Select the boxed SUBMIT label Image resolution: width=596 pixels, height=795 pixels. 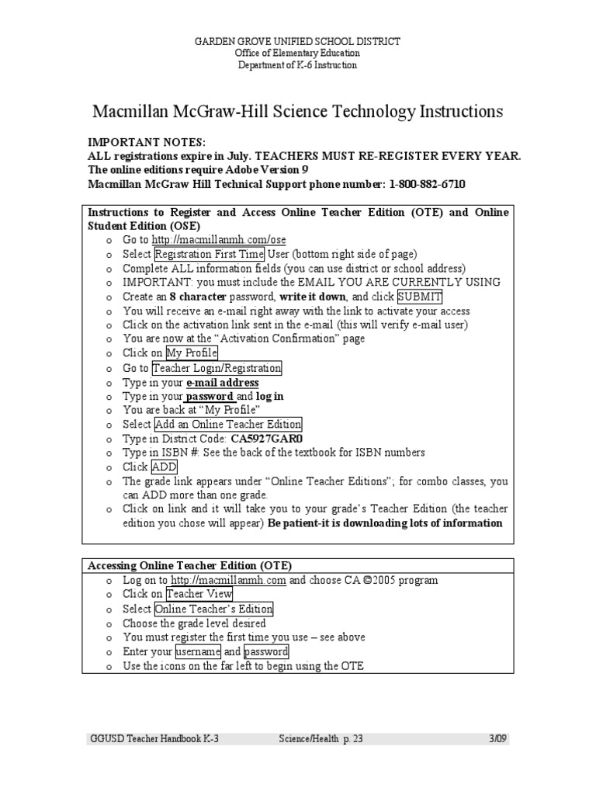[x=420, y=297]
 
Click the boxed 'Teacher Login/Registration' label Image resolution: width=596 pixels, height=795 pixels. [x=217, y=368]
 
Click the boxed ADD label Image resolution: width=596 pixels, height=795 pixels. [x=165, y=467]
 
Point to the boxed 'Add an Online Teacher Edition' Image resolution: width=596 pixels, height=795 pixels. [x=228, y=425]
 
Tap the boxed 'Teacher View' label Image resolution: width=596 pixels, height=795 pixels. [x=196, y=594]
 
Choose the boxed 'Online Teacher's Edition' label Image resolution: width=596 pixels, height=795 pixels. [x=213, y=609]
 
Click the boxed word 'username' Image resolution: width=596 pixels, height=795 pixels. [x=199, y=651]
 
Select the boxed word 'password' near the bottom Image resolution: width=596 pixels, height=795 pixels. [x=266, y=651]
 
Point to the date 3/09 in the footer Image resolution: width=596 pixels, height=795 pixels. [x=499, y=738]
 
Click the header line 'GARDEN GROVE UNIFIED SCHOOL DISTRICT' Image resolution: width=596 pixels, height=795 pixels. [x=298, y=41]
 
